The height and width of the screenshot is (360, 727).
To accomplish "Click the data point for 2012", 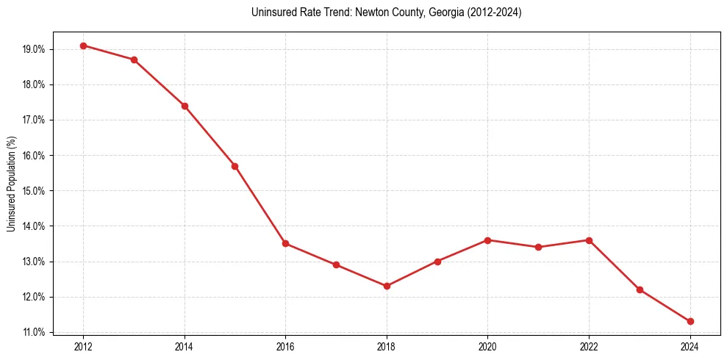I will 83,46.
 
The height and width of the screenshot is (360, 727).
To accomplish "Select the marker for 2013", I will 134,60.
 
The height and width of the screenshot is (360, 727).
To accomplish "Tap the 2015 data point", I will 234,166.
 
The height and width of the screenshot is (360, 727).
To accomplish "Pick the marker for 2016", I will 285,244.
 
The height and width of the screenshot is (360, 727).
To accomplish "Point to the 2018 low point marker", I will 387,286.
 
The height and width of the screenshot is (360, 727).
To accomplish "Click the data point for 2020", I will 488,240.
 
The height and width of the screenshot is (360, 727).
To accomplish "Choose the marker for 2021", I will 538,247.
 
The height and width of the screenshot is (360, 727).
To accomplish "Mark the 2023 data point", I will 640,289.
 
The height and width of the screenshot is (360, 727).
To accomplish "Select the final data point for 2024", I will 690,321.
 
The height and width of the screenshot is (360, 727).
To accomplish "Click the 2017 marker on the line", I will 336,264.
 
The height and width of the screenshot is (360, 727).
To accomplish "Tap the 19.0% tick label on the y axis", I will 34,49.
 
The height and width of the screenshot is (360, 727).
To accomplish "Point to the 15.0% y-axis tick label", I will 34,191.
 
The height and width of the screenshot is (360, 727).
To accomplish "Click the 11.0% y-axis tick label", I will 34,333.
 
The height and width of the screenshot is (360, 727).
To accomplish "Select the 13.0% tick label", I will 34,262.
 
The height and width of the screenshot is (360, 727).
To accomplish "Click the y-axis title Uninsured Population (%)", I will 11,184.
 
